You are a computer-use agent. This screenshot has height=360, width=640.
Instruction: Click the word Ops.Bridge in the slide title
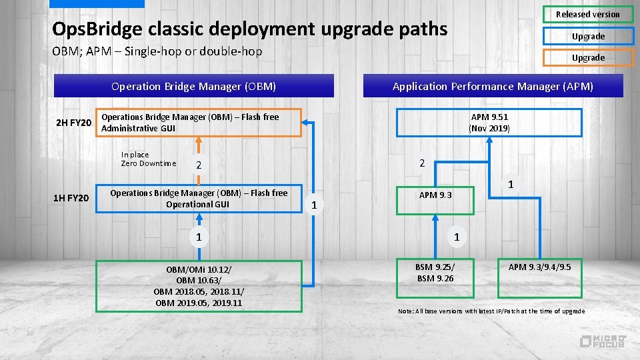[95, 29]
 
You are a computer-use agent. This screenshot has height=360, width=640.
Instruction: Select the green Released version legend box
[587, 14]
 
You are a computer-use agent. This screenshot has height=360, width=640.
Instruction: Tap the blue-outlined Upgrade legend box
[587, 36]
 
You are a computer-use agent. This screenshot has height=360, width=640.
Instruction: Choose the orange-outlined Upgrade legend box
[587, 57]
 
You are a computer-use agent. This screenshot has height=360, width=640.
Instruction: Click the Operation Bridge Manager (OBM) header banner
[193, 86]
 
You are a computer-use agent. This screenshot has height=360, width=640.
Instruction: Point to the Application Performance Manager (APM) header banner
[493, 86]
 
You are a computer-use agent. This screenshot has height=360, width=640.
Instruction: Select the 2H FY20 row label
[73, 123]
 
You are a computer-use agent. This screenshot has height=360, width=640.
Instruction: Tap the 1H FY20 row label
[72, 198]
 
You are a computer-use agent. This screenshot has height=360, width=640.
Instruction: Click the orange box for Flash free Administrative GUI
[199, 123]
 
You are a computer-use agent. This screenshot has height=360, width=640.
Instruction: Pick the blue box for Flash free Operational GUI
[199, 199]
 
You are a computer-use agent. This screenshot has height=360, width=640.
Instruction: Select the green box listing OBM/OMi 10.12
[199, 286]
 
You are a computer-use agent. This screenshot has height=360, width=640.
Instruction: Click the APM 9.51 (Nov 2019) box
[489, 123]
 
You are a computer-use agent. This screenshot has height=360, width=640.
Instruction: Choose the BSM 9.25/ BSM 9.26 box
[435, 273]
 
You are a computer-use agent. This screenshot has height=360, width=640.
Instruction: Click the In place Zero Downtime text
[148, 159]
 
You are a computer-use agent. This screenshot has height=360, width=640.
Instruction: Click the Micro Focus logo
[602, 341]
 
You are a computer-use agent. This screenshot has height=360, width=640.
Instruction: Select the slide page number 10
[30, 333]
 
